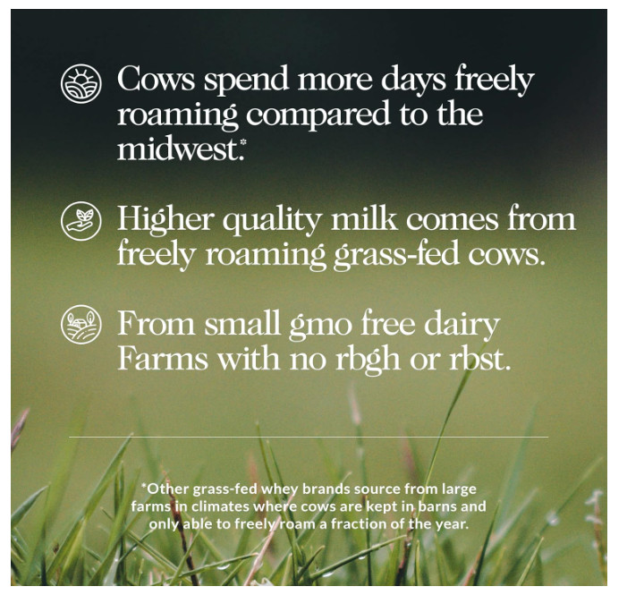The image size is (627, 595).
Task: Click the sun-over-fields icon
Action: pos(81,83)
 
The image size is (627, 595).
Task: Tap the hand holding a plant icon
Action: pos(81,220)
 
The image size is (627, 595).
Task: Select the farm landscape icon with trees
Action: pos(81,324)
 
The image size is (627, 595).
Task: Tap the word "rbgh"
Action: pos(368,360)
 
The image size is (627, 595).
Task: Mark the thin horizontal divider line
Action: pos(309,438)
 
